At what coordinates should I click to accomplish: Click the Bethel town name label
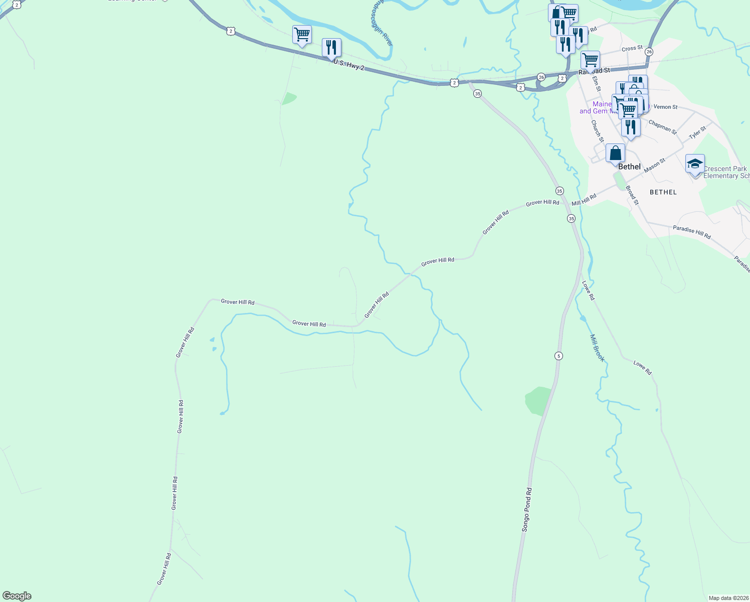tap(629, 167)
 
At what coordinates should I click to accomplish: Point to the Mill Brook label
tap(597, 348)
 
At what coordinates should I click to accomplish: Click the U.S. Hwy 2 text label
tap(348, 65)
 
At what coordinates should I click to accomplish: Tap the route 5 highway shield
tap(558, 356)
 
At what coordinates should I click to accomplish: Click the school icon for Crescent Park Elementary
tap(695, 164)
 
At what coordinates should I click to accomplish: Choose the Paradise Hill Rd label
tap(691, 232)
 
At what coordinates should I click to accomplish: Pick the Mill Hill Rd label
tap(584, 200)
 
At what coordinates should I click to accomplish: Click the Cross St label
tap(632, 49)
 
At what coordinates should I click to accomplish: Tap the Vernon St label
tap(665, 107)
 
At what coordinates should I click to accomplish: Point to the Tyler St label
tap(697, 133)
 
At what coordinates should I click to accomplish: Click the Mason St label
tap(654, 165)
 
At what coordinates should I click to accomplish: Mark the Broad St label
tap(632, 195)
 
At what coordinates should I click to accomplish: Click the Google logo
tap(17, 596)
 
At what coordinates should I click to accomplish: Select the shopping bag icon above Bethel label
tap(615, 153)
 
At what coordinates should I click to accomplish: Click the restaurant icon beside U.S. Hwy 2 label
tap(331, 48)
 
